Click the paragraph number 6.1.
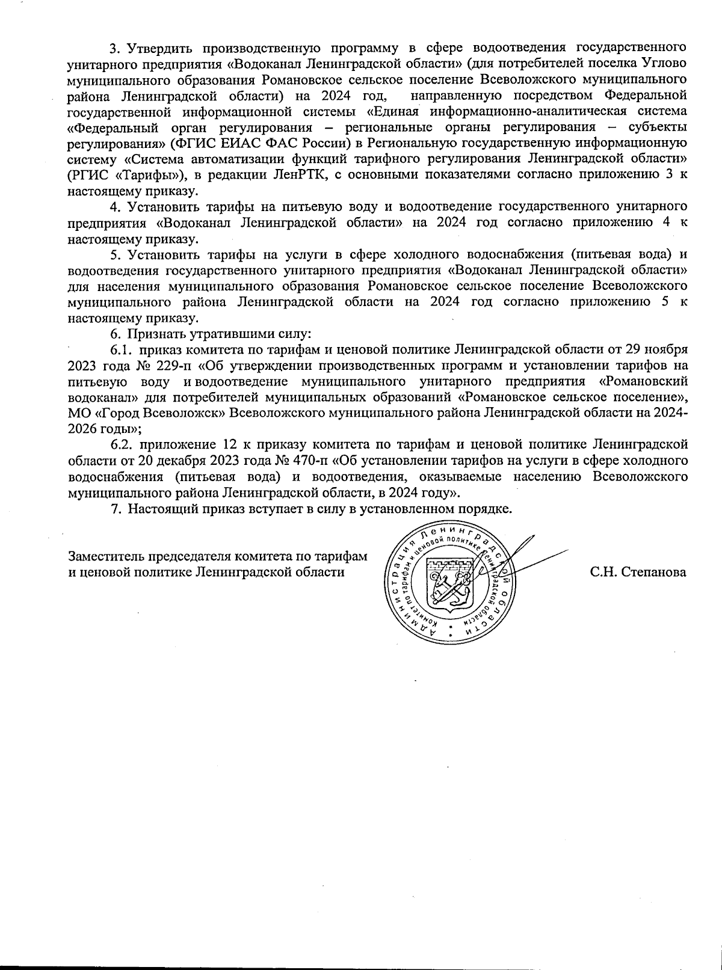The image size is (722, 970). (120, 349)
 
